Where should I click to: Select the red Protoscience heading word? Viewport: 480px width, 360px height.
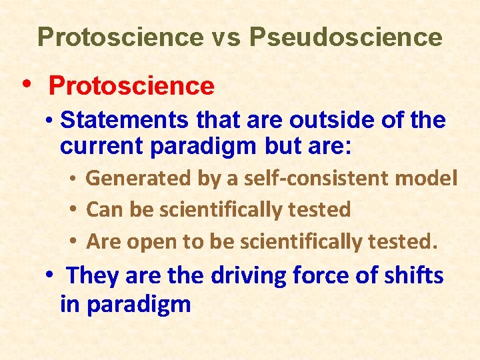tap(131, 86)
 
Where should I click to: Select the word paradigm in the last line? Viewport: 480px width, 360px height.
tap(125, 305)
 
